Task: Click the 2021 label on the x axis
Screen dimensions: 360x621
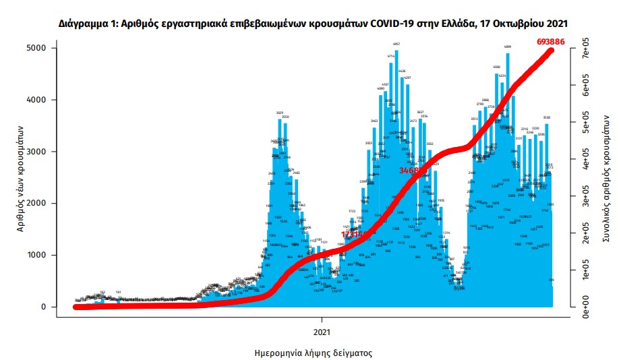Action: coord(322,331)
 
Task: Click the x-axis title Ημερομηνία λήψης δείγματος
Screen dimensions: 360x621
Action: coord(314,353)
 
